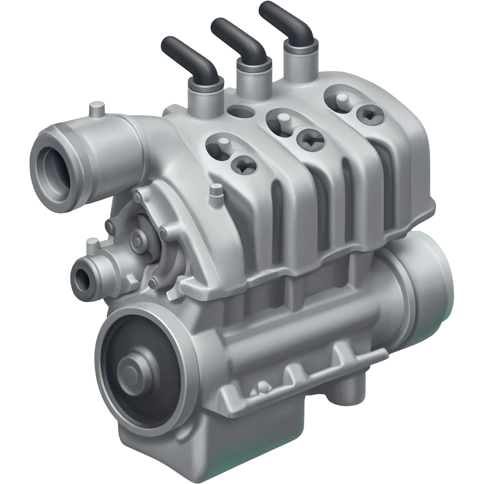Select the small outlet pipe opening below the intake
[82, 277]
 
